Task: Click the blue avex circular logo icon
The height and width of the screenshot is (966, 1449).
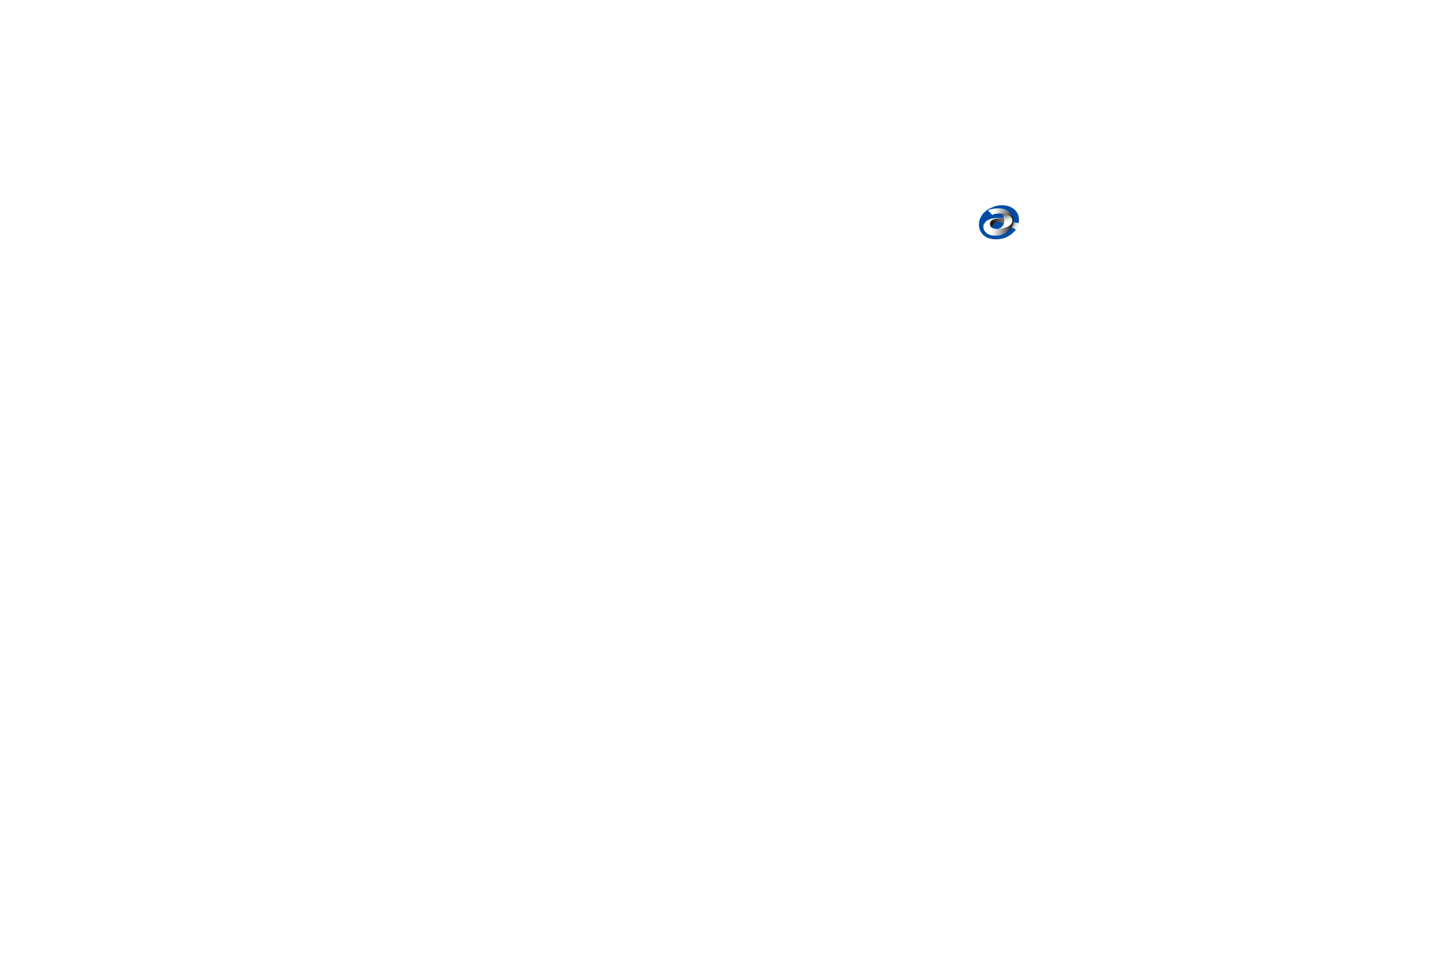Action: tap(998, 222)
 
